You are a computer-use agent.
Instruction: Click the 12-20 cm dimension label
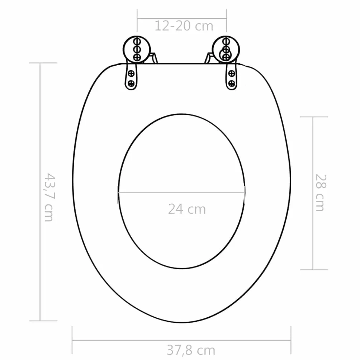[184, 26]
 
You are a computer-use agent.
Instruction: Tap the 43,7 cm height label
[49, 198]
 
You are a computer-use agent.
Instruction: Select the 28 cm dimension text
[321, 193]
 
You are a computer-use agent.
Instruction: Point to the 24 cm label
[187, 209]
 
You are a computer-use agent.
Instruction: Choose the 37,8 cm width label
[191, 350]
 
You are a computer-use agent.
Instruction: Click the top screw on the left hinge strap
[131, 74]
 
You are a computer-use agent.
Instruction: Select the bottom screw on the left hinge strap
[131, 83]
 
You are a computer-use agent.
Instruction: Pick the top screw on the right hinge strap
[232, 74]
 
